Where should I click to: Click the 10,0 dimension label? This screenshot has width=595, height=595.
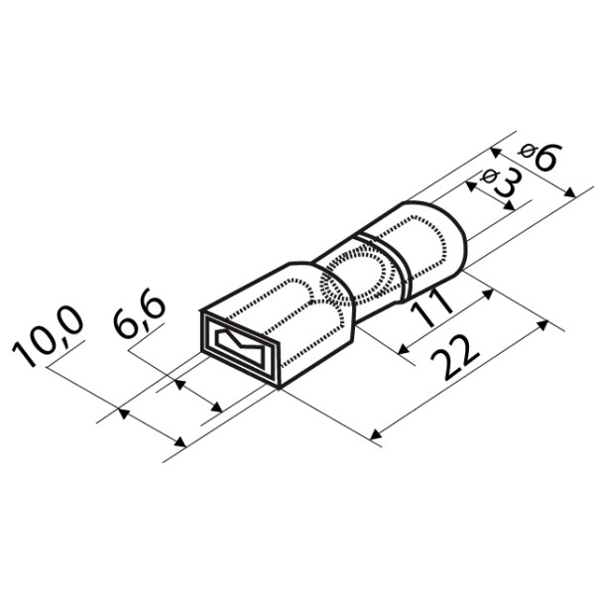(48, 335)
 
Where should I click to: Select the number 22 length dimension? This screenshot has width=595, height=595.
(456, 357)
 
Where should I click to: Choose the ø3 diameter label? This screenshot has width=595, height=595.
(502, 181)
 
